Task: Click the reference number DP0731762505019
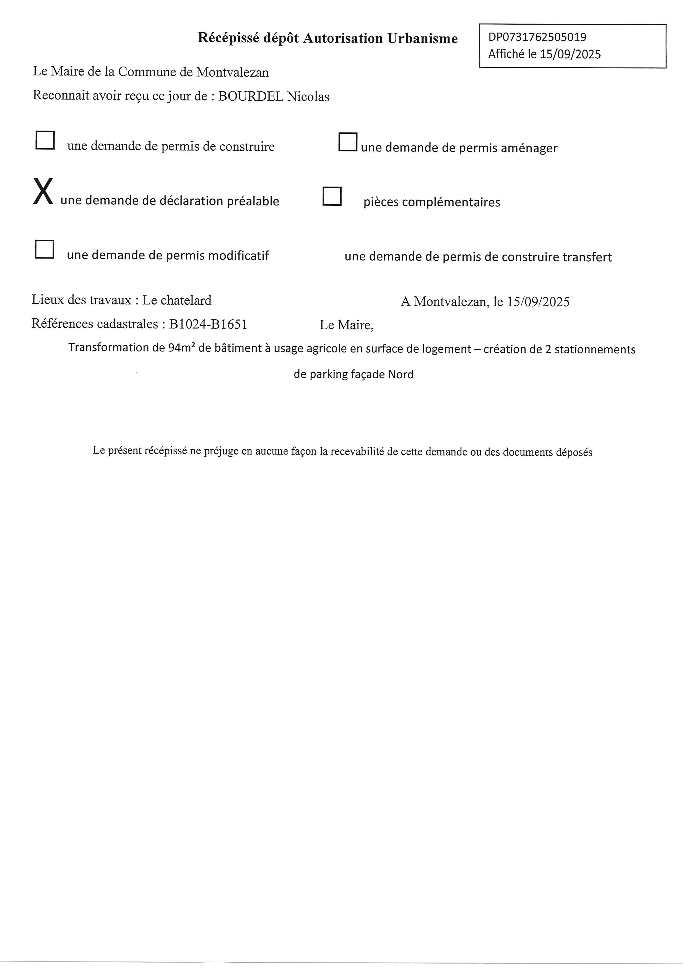coord(537,37)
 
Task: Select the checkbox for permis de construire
coord(45,140)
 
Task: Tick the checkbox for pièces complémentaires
coord(332,196)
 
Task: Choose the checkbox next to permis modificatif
coord(44,249)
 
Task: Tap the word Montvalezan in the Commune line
coord(232,72)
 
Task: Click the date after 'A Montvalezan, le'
coord(538,302)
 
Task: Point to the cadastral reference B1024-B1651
coord(208,324)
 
